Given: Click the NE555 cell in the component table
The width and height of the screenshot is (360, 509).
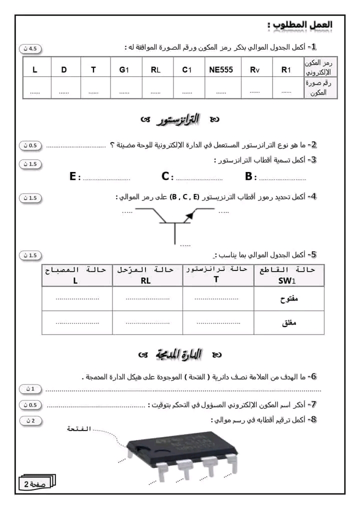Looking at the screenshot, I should click(221, 70).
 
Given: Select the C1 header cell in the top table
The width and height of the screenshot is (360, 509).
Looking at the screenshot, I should click(186, 70).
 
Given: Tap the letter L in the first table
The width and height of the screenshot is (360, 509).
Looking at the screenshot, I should click(35, 70).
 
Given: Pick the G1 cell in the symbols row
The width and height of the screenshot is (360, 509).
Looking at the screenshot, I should click(124, 70).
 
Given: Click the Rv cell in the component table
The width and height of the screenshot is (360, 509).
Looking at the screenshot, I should click(255, 70).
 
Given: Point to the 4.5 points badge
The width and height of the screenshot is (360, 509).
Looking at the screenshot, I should click(30, 48).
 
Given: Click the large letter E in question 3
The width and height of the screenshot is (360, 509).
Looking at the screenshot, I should click(73, 176).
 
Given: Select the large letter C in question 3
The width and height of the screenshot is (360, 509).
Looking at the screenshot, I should click(165, 176).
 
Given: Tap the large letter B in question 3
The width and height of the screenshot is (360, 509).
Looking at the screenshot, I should click(249, 176).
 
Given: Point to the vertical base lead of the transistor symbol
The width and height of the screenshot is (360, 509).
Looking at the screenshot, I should click(174, 234).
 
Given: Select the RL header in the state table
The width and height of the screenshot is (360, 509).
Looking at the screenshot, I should click(145, 281).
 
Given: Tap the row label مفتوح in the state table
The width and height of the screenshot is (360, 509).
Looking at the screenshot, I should click(289, 299).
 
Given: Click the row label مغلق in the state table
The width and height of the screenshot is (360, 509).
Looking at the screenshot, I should click(290, 323).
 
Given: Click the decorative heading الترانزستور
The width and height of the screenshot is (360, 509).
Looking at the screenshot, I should click(179, 119).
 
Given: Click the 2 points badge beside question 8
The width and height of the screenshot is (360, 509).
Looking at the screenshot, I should click(30, 420).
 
